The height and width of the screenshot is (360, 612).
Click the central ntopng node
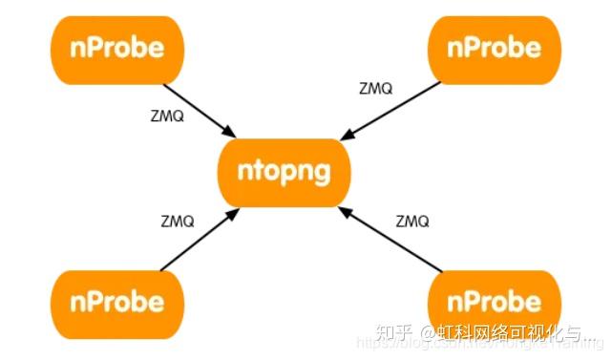[285, 172]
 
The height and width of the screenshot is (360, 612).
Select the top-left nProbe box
[116, 47]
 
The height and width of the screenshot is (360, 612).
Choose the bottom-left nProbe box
[116, 303]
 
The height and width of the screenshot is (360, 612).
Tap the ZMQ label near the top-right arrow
[375, 88]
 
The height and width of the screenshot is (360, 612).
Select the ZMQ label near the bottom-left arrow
[178, 221]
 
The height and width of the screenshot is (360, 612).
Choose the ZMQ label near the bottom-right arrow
[413, 222]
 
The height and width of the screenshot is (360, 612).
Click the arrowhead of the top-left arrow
[231, 132]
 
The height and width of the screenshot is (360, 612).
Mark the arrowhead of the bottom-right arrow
[345, 214]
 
